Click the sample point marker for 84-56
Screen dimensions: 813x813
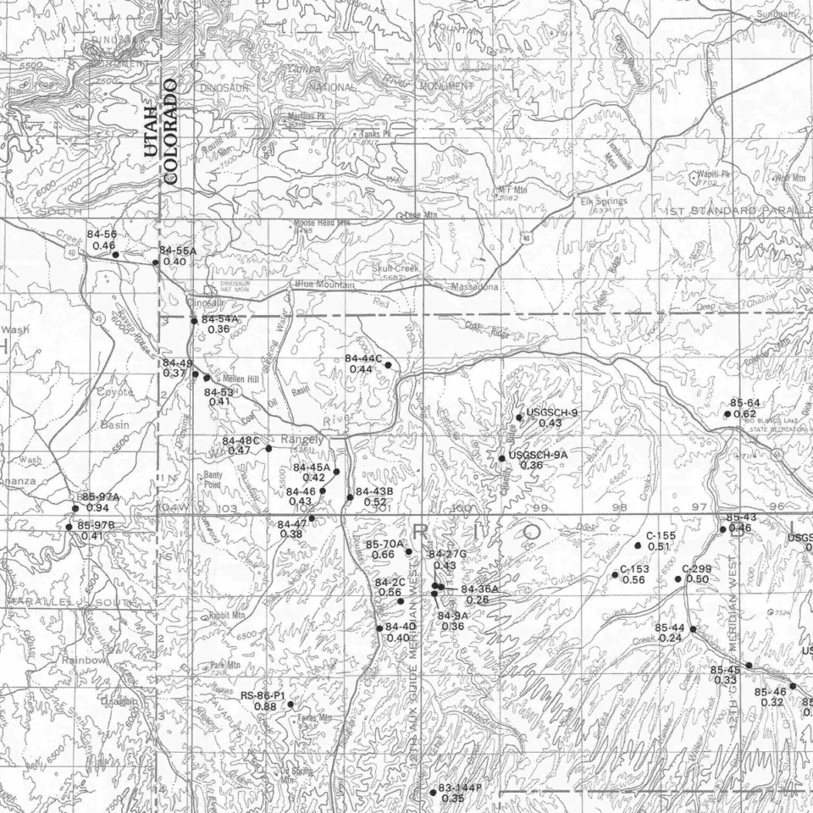click(x=115, y=255)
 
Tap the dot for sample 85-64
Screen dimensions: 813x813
click(x=727, y=414)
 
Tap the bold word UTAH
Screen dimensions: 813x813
click(x=151, y=132)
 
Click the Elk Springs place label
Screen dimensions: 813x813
click(x=603, y=202)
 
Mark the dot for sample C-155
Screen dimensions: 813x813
click(x=638, y=545)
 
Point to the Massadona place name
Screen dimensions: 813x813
click(x=475, y=288)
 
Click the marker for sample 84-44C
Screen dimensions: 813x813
click(x=388, y=365)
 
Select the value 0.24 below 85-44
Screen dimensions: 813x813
click(x=670, y=638)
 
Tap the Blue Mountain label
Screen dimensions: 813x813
click(x=324, y=285)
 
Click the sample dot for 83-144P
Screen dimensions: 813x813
click(x=433, y=793)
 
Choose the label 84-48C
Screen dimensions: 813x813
click(x=241, y=441)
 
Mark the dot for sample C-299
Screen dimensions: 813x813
click(x=678, y=579)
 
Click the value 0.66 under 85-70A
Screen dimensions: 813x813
click(x=384, y=554)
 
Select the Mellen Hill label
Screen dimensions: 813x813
click(x=239, y=379)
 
